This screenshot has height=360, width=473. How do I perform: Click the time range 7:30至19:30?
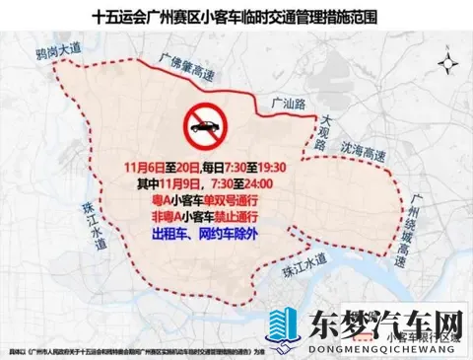(266, 167)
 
